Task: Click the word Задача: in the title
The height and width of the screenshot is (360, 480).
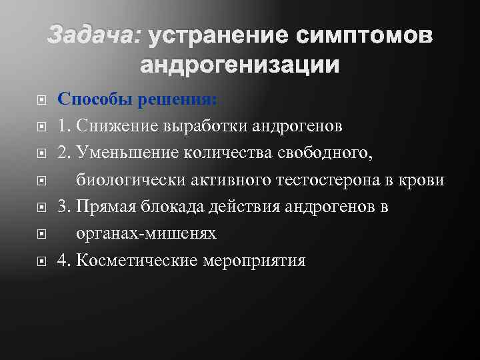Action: (x=94, y=37)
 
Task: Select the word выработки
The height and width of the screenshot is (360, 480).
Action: (x=200, y=127)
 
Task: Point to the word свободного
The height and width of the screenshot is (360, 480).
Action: (x=327, y=153)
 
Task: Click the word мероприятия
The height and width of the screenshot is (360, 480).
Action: (x=258, y=260)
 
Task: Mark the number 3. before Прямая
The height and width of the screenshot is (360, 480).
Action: (x=64, y=207)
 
